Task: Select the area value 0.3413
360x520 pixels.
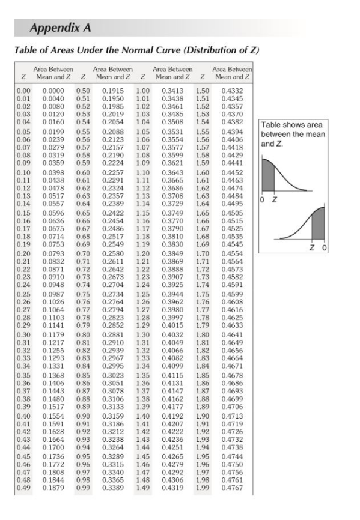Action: (x=173, y=89)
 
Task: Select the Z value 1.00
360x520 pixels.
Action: (x=143, y=89)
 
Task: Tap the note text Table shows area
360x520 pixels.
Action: (x=288, y=125)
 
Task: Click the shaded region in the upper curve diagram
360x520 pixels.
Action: (x=268, y=174)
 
